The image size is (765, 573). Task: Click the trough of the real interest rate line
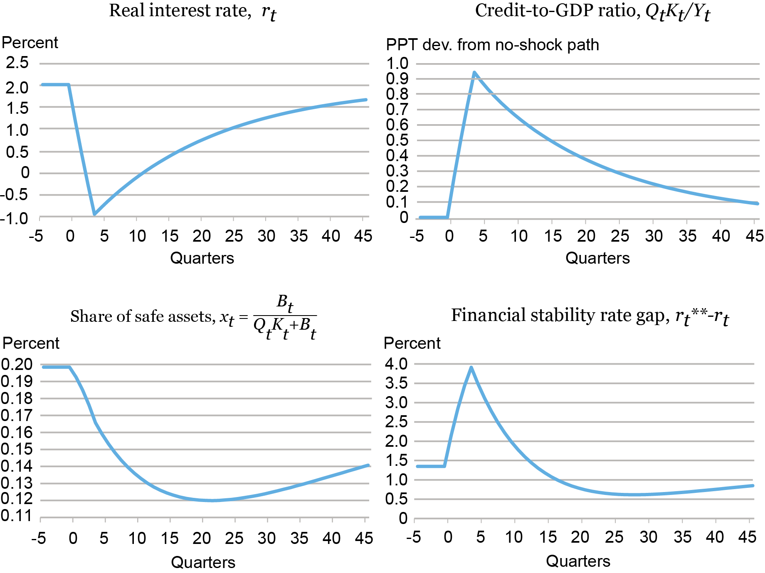tap(95, 214)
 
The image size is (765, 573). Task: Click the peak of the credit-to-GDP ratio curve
tap(474, 73)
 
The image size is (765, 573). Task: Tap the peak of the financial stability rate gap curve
tap(471, 367)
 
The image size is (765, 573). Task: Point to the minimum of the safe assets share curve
tap(212, 500)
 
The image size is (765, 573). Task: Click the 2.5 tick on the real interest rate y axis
tap(17, 63)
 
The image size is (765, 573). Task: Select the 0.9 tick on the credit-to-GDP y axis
tap(397, 78)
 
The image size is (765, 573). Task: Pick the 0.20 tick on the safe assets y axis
tap(17, 364)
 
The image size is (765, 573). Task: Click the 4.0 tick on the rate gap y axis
tap(396, 364)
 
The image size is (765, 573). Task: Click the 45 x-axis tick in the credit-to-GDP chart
tap(754, 236)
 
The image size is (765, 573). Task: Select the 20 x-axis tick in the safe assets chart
tap(202, 538)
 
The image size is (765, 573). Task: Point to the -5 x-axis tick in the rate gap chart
tap(414, 537)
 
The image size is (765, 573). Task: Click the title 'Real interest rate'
tap(180, 11)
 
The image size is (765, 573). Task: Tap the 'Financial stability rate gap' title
tap(560, 316)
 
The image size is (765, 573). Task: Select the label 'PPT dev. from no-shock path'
tap(492, 45)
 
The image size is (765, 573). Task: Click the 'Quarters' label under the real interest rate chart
tap(202, 258)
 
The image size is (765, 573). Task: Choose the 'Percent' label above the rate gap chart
tap(412, 343)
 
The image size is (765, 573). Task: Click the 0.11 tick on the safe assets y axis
tap(17, 516)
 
